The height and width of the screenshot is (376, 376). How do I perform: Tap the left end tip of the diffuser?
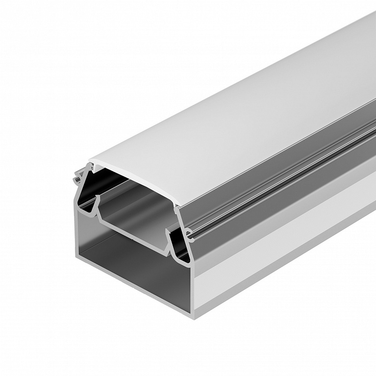[90, 163]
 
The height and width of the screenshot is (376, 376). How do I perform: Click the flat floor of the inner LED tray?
[132, 216]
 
